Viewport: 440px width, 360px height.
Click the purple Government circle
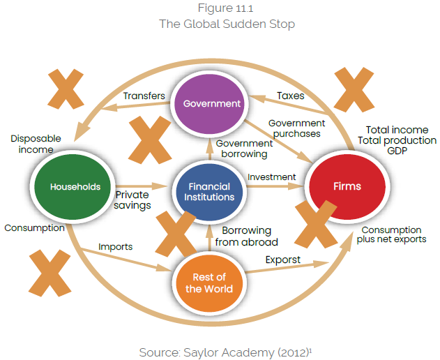[x=211, y=104]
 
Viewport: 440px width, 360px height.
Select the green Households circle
[x=75, y=187]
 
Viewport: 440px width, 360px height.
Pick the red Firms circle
[x=347, y=187]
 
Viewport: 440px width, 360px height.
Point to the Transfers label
[x=144, y=96]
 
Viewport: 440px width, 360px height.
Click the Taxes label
[x=290, y=95]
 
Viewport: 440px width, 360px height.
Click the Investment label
[x=271, y=177]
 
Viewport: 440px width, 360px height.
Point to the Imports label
[x=115, y=246]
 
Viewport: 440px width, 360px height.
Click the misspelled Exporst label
[x=283, y=260]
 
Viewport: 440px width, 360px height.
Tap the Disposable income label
[x=36, y=144]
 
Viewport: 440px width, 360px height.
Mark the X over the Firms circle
[x=322, y=224]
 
